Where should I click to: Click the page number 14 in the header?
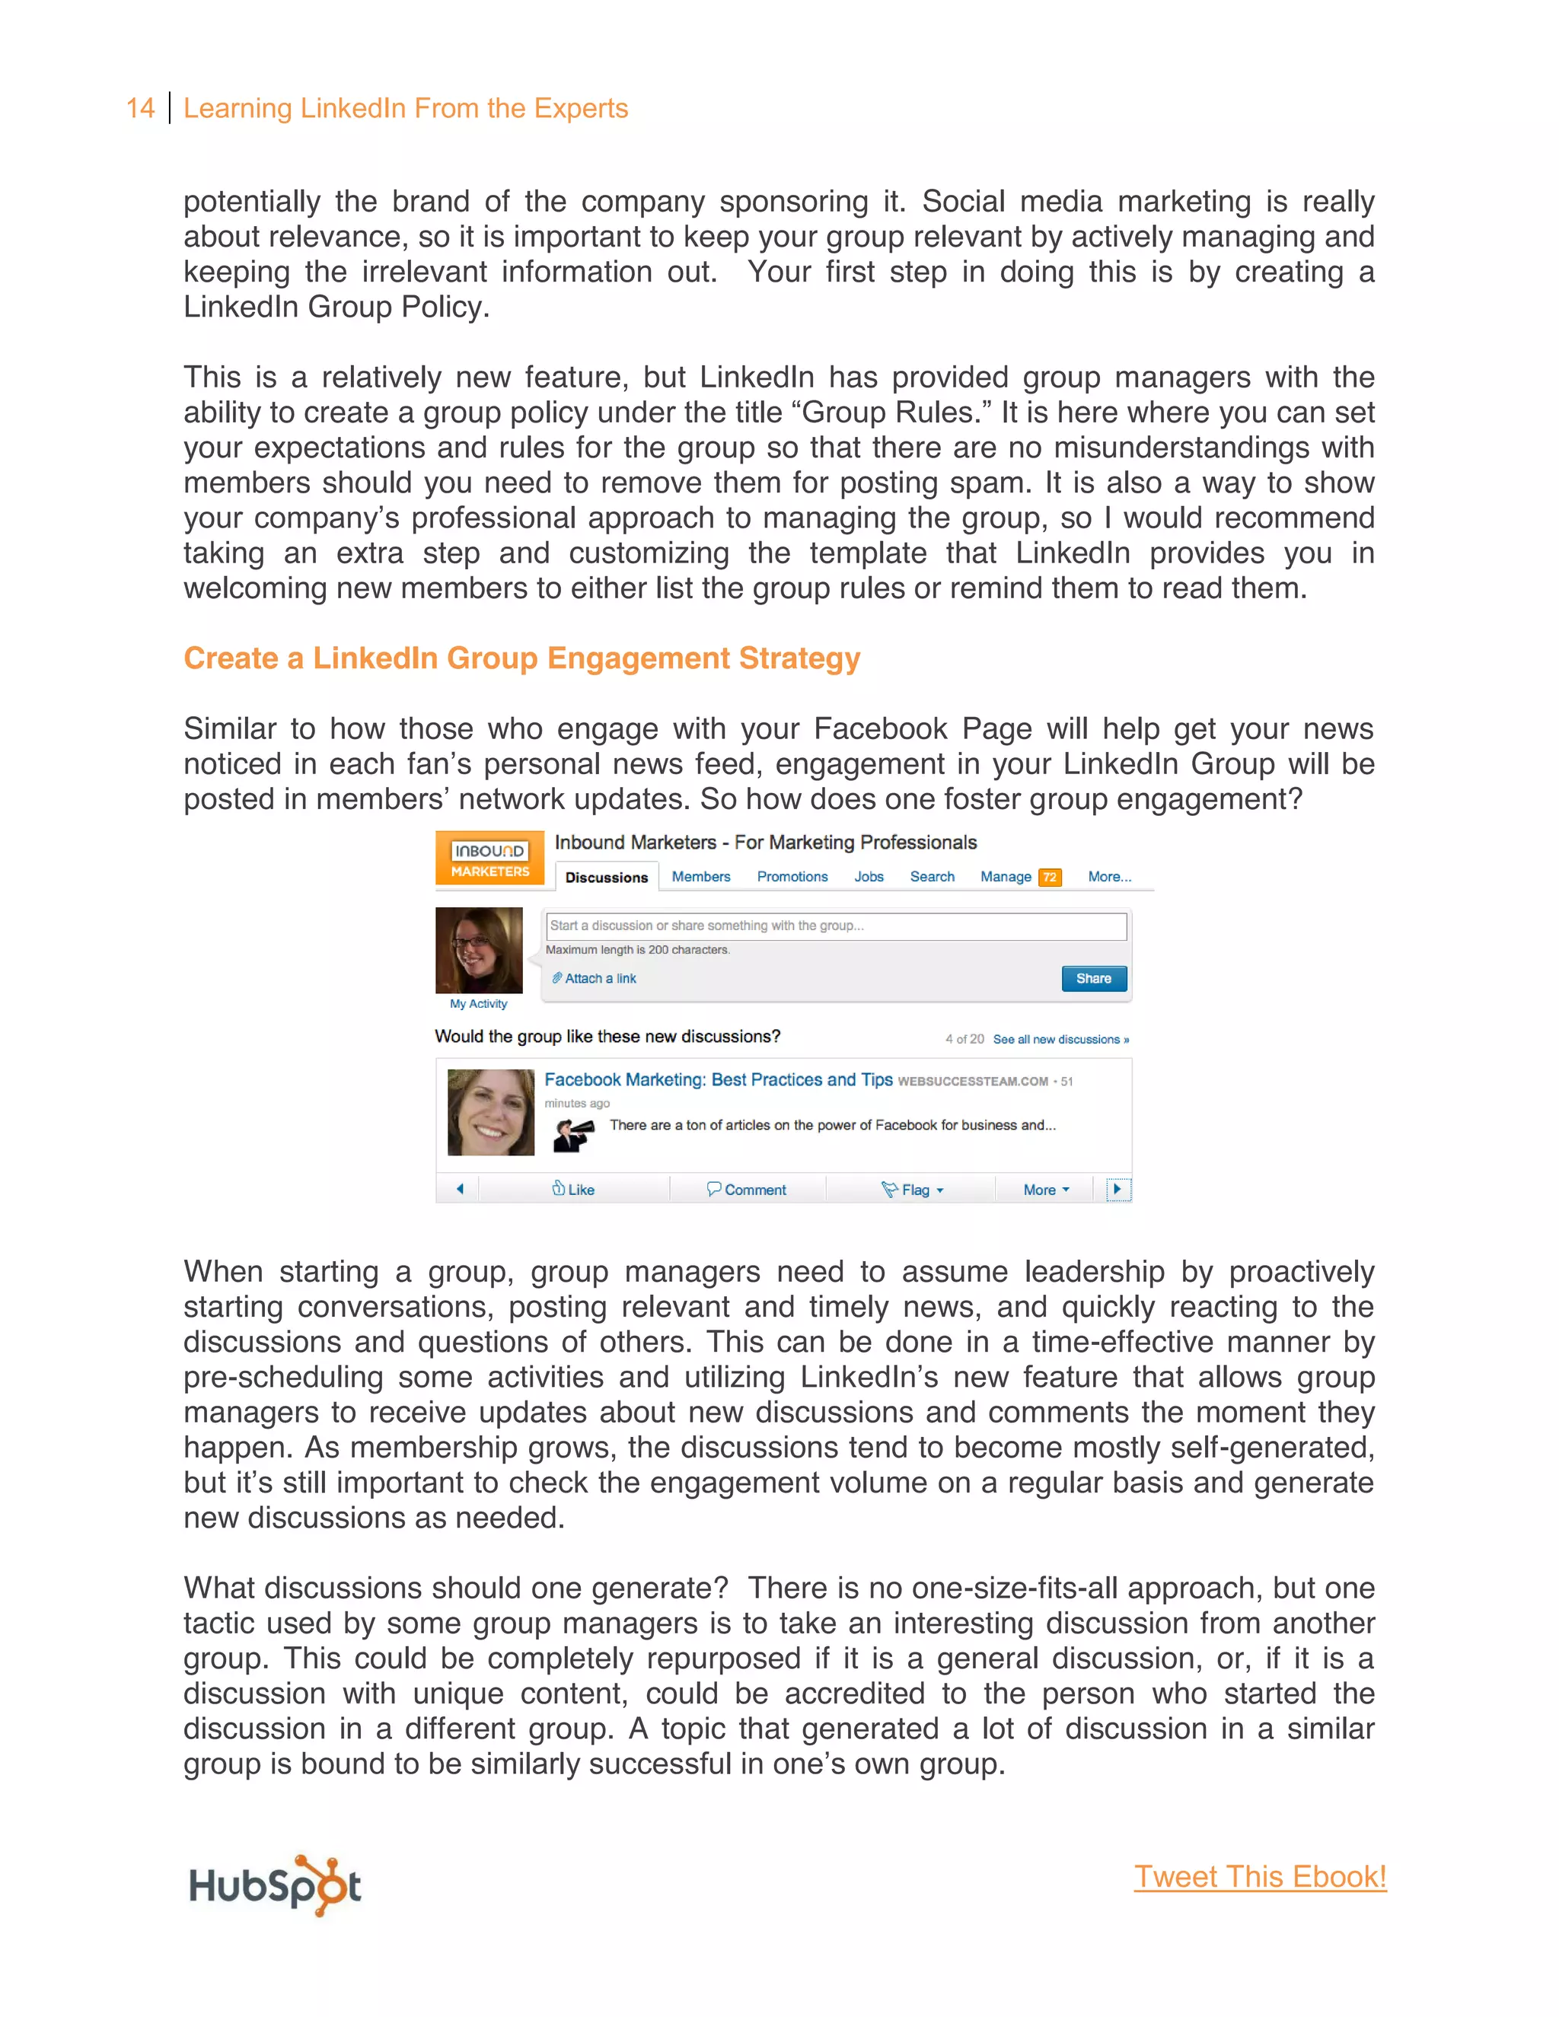tap(140, 108)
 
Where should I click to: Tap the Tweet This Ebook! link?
tap(1260, 1877)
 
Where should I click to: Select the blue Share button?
tap(1094, 978)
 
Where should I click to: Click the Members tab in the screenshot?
tap(700, 876)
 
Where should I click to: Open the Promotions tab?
tap(792, 876)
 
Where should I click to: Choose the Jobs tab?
tap(868, 876)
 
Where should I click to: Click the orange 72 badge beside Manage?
tap(1049, 878)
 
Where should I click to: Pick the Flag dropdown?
tap(913, 1190)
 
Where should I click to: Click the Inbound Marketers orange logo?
tap(489, 858)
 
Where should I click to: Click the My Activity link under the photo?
tap(478, 1004)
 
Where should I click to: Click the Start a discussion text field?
tap(835, 926)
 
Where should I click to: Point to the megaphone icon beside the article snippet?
tap(573, 1134)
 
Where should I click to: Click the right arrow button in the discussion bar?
tap(1117, 1189)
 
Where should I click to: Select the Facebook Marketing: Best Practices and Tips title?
tap(718, 1079)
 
